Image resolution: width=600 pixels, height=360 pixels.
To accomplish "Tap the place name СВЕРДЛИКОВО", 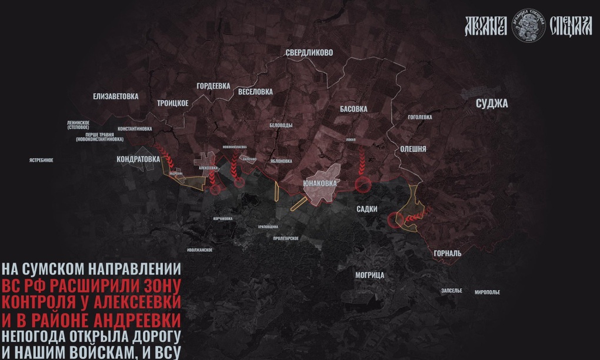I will tap(309, 52).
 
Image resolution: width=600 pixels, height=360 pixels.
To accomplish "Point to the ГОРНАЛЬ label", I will tap(447, 253).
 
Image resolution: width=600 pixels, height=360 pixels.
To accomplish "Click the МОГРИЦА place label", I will tap(370, 275).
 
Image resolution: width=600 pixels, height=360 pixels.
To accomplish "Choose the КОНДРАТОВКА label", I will tap(138, 159).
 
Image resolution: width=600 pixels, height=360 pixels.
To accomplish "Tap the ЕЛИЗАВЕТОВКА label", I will tap(115, 96).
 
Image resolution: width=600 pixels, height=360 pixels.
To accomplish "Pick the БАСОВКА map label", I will tap(354, 109).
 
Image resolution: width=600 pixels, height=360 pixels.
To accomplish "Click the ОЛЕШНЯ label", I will tap(413, 149).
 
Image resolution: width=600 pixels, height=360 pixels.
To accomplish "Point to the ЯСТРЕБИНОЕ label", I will tap(41, 160).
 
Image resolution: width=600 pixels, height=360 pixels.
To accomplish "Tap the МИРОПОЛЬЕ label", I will tap(487, 292).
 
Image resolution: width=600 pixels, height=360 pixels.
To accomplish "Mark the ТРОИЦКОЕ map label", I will tap(173, 103).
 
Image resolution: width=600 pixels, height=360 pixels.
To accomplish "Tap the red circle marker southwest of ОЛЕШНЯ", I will tap(396, 219).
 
